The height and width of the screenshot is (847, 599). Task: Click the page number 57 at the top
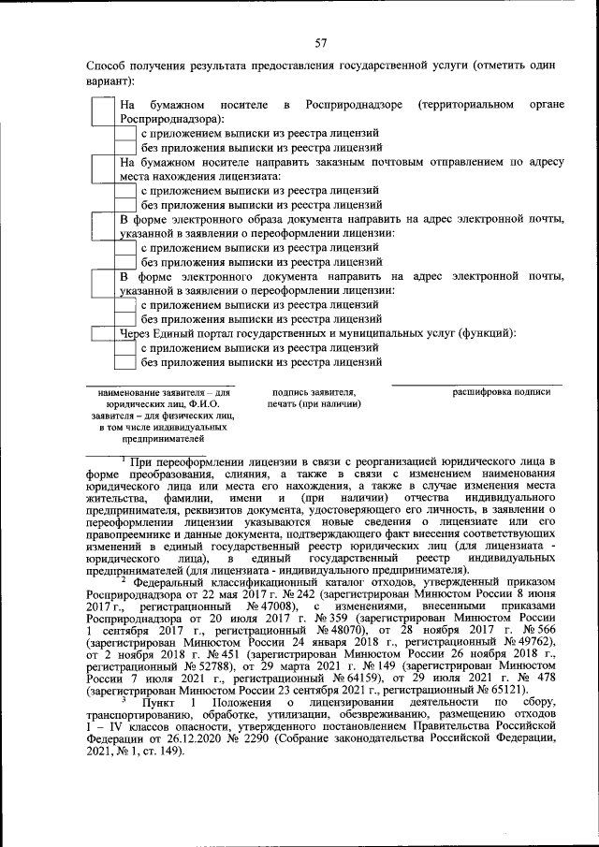pos(320,43)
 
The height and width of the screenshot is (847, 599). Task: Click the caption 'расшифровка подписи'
pos(503,392)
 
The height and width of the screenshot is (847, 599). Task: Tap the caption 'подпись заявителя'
pos(314,392)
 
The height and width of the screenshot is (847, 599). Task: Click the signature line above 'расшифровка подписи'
pos(477,384)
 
